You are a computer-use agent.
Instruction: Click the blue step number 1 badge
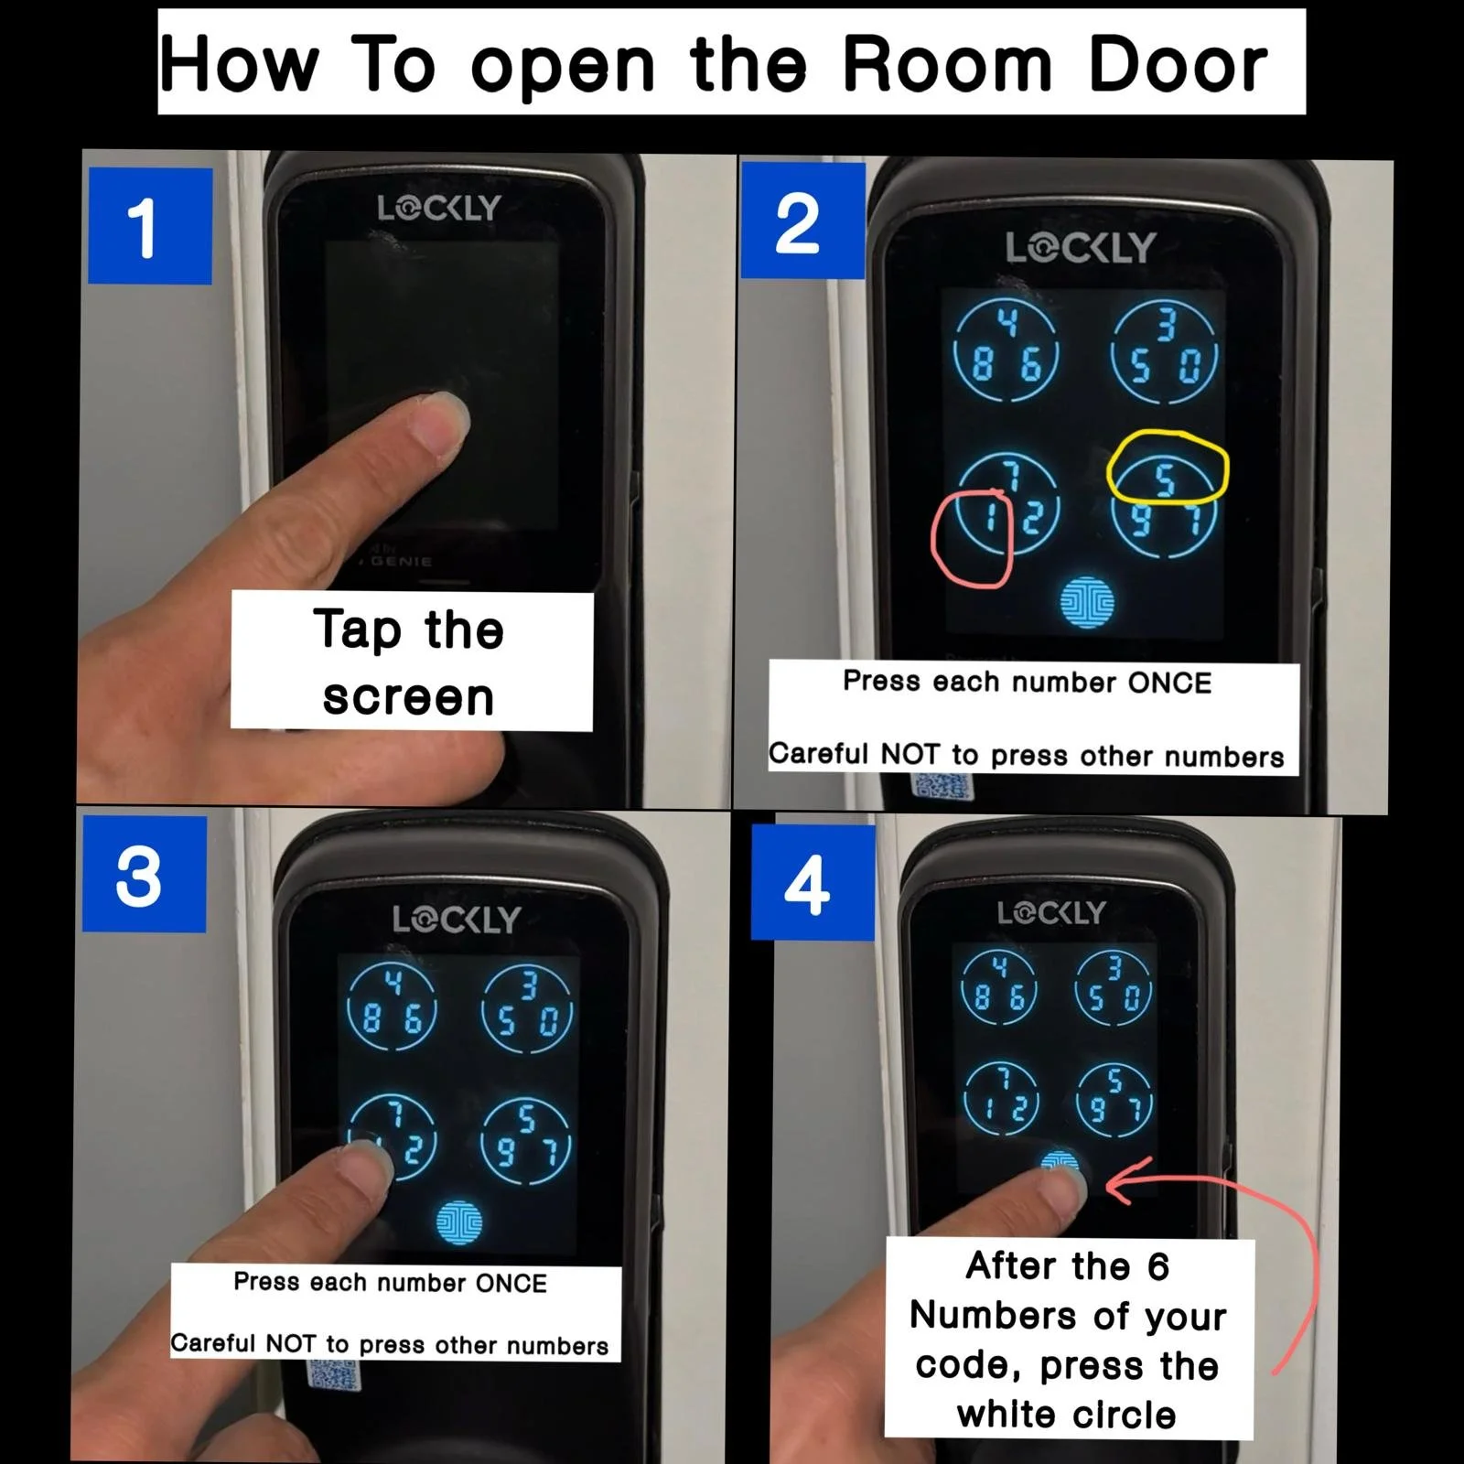(150, 225)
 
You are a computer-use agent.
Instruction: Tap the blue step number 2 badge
(802, 221)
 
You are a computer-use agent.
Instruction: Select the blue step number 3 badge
(145, 874)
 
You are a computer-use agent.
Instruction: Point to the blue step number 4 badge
(813, 882)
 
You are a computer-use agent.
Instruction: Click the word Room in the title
(948, 66)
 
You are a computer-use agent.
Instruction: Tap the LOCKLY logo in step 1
(439, 209)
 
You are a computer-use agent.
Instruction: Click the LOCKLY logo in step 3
(457, 920)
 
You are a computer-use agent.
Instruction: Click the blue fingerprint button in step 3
(459, 1222)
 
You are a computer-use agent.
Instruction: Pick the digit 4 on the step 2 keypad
(1007, 323)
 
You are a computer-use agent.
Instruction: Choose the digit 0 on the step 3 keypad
(548, 1022)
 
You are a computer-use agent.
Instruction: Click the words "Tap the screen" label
(410, 662)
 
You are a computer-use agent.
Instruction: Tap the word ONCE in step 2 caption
(1169, 683)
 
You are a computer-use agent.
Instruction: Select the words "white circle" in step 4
(1067, 1415)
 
